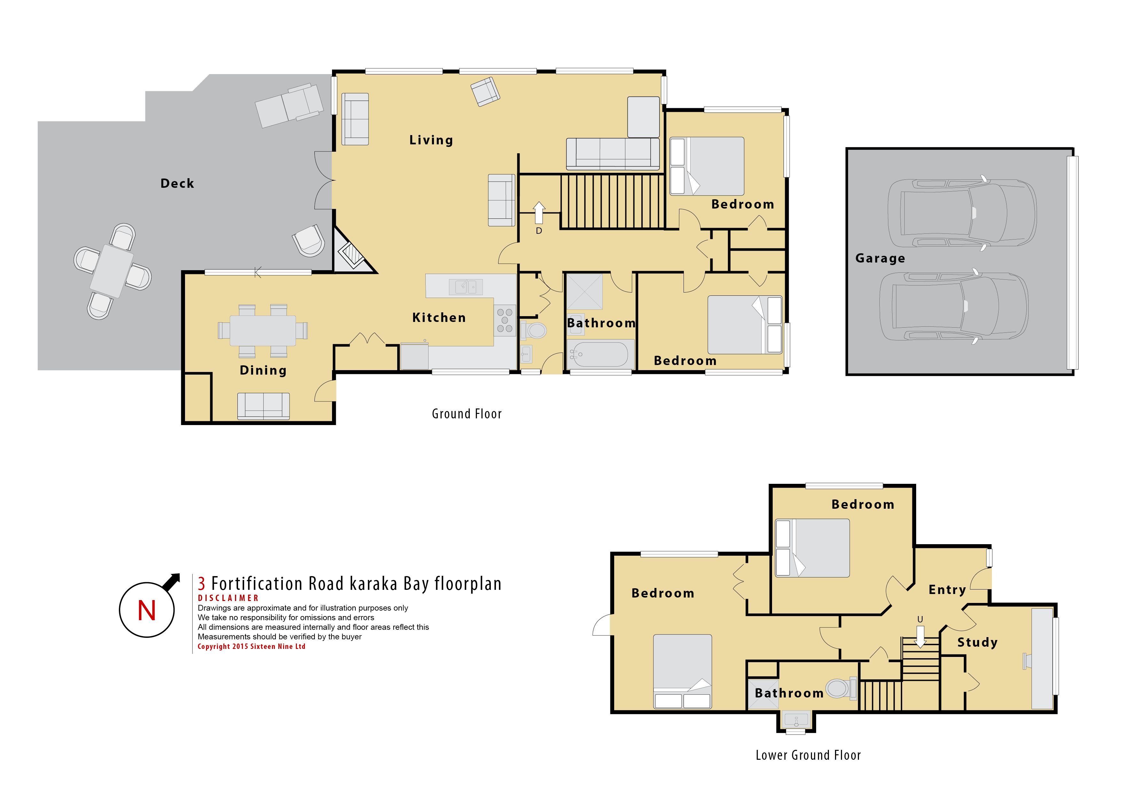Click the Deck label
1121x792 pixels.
[177, 184]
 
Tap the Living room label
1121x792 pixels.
[431, 141]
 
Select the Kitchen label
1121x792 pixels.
[439, 318]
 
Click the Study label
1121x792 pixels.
[978, 643]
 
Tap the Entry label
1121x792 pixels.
[947, 590]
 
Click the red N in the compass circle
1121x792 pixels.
[146, 611]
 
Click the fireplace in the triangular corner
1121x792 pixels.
[352, 255]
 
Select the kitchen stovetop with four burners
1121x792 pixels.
[505, 321]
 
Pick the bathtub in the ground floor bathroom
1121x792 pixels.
[599, 354]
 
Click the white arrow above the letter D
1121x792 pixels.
[539, 213]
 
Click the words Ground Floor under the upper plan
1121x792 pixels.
[467, 414]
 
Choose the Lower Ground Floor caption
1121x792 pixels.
[808, 755]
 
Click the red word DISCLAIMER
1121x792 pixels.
[228, 598]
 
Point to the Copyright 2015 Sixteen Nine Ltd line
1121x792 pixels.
[251, 647]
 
